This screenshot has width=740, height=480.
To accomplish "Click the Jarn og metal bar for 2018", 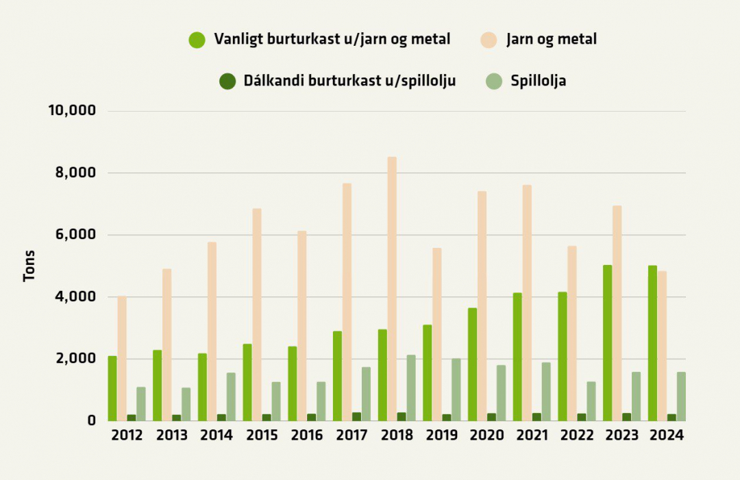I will click(x=392, y=289).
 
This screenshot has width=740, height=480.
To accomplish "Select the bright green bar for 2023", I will click(x=608, y=343).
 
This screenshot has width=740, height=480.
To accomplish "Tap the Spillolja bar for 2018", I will click(x=410, y=388).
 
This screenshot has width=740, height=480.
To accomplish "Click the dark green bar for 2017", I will click(x=356, y=416).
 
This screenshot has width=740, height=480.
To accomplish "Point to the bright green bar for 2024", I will click(x=652, y=343).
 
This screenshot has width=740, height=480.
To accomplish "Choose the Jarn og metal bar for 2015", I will click(x=257, y=314).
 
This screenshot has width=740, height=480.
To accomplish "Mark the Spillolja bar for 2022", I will click(x=591, y=401).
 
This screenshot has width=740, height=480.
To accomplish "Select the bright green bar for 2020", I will click(x=473, y=364).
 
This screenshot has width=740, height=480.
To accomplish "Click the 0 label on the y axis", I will click(x=91, y=420).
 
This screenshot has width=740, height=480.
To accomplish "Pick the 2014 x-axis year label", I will click(x=216, y=435).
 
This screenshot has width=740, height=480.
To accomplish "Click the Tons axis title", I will click(x=29, y=266).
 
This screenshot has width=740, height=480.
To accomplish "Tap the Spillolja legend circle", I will click(x=493, y=81).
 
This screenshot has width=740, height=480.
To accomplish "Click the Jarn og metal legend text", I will click(x=552, y=40).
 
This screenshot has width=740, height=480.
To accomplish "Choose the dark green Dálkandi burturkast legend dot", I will click(x=227, y=81).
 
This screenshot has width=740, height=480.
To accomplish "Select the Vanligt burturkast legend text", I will click(x=332, y=40).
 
